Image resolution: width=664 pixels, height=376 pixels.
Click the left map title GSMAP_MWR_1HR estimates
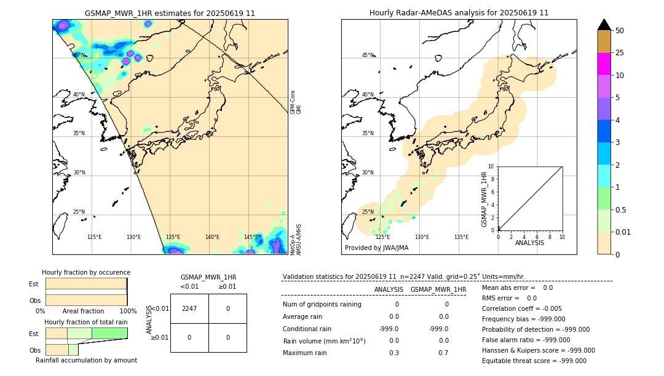click(x=170, y=13)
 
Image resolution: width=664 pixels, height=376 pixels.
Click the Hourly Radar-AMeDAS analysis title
click(x=459, y=13)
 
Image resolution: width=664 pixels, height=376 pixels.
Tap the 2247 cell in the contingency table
click(x=189, y=309)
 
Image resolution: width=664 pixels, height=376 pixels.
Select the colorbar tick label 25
click(x=620, y=53)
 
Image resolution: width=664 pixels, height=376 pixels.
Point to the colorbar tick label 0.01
click(x=623, y=232)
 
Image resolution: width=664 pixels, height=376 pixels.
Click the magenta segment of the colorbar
click(x=604, y=64)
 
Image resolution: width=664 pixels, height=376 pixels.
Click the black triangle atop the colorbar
click(x=604, y=25)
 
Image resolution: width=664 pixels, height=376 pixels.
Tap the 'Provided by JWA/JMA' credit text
click(x=376, y=248)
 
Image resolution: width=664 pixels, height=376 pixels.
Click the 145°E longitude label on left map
click(x=251, y=237)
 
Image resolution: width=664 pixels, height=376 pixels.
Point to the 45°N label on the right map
click(x=368, y=55)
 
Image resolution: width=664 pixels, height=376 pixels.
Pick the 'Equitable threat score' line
click(x=534, y=361)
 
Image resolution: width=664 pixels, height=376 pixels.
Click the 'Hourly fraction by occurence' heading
click(x=86, y=272)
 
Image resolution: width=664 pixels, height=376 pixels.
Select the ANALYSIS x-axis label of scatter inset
click(x=530, y=243)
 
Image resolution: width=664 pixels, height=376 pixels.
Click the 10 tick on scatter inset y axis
click(x=491, y=166)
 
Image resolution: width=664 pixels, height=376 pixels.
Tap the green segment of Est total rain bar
click(x=109, y=333)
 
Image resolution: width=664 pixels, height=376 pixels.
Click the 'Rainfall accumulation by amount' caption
click(x=86, y=361)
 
